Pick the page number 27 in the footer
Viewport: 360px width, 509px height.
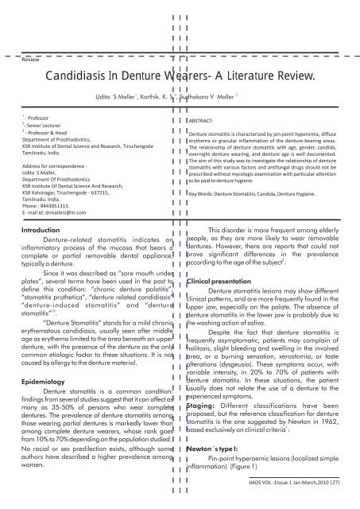350,502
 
